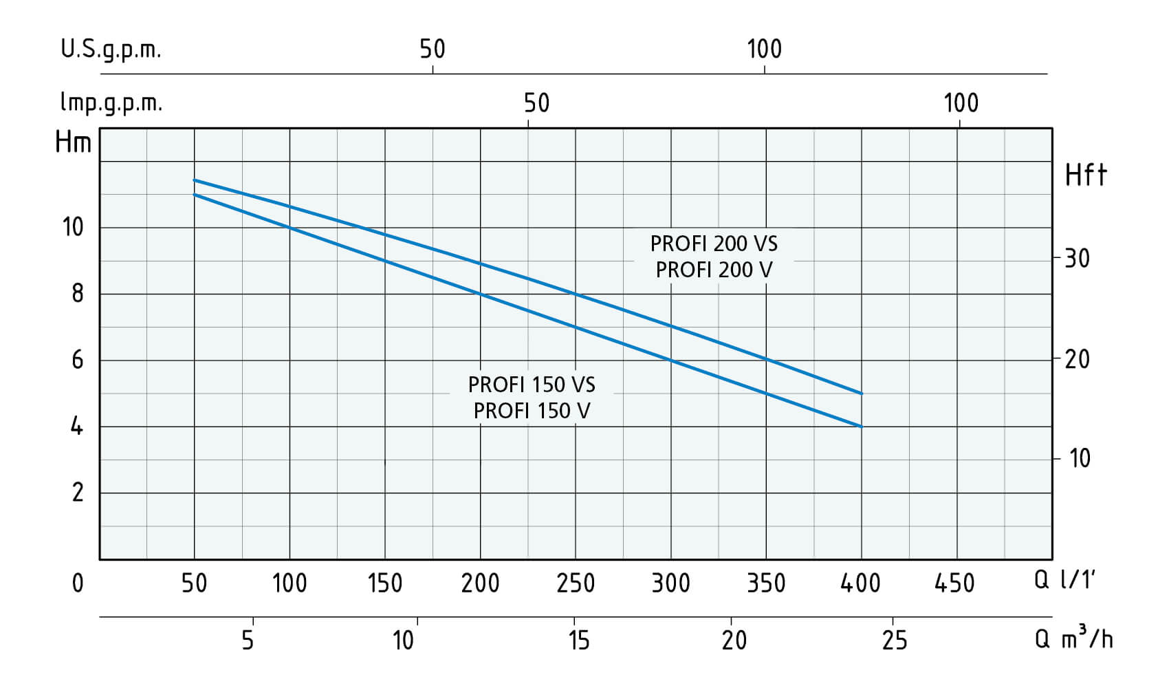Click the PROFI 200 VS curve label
(713, 244)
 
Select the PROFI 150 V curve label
(532, 411)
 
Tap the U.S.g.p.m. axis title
(111, 50)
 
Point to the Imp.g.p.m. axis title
(111, 103)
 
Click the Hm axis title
(73, 142)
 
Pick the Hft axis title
(1086, 175)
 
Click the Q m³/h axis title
(1074, 637)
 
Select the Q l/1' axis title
(1064, 581)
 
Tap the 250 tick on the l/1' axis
(576, 583)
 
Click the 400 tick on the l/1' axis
(860, 583)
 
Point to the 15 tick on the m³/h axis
(579, 640)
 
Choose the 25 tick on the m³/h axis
(895, 640)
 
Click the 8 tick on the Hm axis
(78, 294)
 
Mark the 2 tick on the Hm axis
(78, 493)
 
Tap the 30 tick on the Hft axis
(1077, 259)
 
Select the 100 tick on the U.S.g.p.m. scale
(765, 50)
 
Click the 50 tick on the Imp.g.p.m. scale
(536, 103)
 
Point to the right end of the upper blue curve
(862, 394)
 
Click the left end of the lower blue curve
(194, 195)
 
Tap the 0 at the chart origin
(78, 583)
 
